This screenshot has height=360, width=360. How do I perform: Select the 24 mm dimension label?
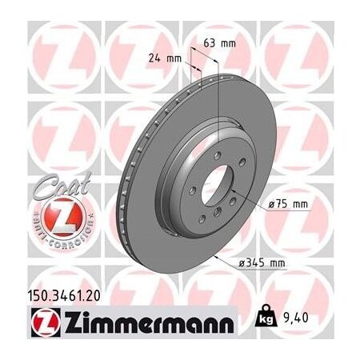[x=162, y=57]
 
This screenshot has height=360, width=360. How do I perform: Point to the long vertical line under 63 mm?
[x=217, y=96]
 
